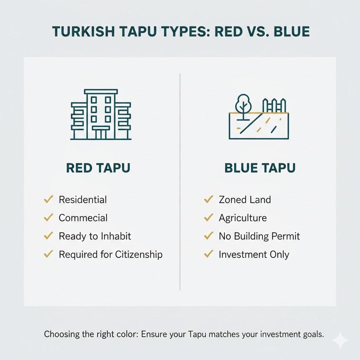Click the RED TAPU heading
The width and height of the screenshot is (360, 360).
(98, 168)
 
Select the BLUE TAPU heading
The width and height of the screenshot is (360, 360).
(260, 168)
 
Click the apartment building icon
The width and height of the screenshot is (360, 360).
(101, 114)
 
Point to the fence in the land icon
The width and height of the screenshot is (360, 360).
(275, 105)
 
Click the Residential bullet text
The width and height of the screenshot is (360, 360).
(83, 200)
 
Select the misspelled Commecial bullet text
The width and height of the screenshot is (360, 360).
(83, 218)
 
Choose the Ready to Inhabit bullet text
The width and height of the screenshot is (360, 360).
(95, 236)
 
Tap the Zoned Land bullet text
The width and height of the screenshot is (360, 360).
(245, 200)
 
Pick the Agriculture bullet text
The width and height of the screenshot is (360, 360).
(243, 218)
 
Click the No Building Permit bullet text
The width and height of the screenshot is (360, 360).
(259, 236)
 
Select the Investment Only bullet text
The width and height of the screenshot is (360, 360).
(254, 254)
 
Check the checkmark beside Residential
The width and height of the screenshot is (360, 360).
(48, 200)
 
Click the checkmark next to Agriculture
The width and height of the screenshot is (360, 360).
(208, 218)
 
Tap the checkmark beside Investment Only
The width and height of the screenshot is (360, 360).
(208, 254)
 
